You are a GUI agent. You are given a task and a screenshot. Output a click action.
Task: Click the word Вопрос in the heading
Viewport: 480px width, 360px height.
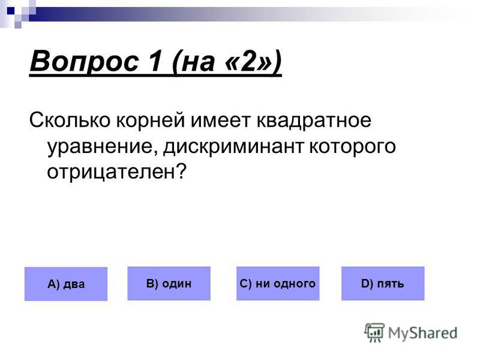pos(85,62)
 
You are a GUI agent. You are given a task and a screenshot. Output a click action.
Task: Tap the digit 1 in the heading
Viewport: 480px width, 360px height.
pos(155,61)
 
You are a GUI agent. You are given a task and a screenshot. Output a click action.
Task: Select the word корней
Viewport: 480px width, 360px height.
pos(151,121)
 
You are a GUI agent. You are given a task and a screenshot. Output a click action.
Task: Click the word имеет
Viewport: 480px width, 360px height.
pos(220,120)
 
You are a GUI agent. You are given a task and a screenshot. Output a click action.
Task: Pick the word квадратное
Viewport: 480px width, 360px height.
pos(314,121)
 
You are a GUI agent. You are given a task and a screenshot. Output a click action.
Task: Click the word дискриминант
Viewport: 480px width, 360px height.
pos(233,146)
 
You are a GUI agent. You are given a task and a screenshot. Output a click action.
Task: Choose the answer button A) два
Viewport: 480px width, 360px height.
pos(66,284)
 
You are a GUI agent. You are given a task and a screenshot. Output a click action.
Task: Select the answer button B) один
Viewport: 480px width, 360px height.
pos(169,283)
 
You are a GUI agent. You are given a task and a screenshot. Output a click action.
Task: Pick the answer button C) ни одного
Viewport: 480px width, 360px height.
pos(278,283)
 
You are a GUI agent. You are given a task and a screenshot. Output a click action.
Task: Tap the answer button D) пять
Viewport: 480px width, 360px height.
pos(383,283)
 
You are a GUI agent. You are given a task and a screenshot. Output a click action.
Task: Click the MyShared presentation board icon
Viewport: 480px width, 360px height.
pos(374,332)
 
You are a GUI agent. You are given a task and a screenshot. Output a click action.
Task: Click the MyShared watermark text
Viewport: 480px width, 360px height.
pos(422,333)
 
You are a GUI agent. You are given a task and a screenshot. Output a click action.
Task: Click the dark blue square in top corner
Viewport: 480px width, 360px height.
pos(11,11)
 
